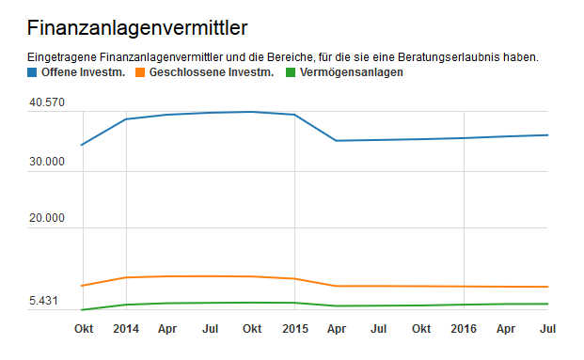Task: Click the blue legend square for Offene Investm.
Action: (x=33, y=73)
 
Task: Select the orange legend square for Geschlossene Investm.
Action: (x=141, y=73)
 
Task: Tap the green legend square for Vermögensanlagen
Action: (x=291, y=73)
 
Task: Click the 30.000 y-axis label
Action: (x=46, y=162)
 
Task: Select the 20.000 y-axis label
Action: (x=46, y=218)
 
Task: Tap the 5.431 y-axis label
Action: (x=43, y=301)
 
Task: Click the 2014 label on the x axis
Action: (x=126, y=329)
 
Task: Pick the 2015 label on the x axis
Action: (x=295, y=329)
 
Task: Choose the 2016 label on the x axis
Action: (x=464, y=329)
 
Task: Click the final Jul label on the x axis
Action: (x=548, y=329)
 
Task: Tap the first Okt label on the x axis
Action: (x=84, y=329)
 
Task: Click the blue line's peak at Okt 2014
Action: (x=252, y=112)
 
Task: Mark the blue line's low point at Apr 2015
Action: (x=337, y=141)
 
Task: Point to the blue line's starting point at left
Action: (x=83, y=145)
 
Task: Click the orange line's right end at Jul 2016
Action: (x=548, y=287)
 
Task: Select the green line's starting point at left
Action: (x=83, y=309)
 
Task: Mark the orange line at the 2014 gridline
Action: (x=126, y=277)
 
